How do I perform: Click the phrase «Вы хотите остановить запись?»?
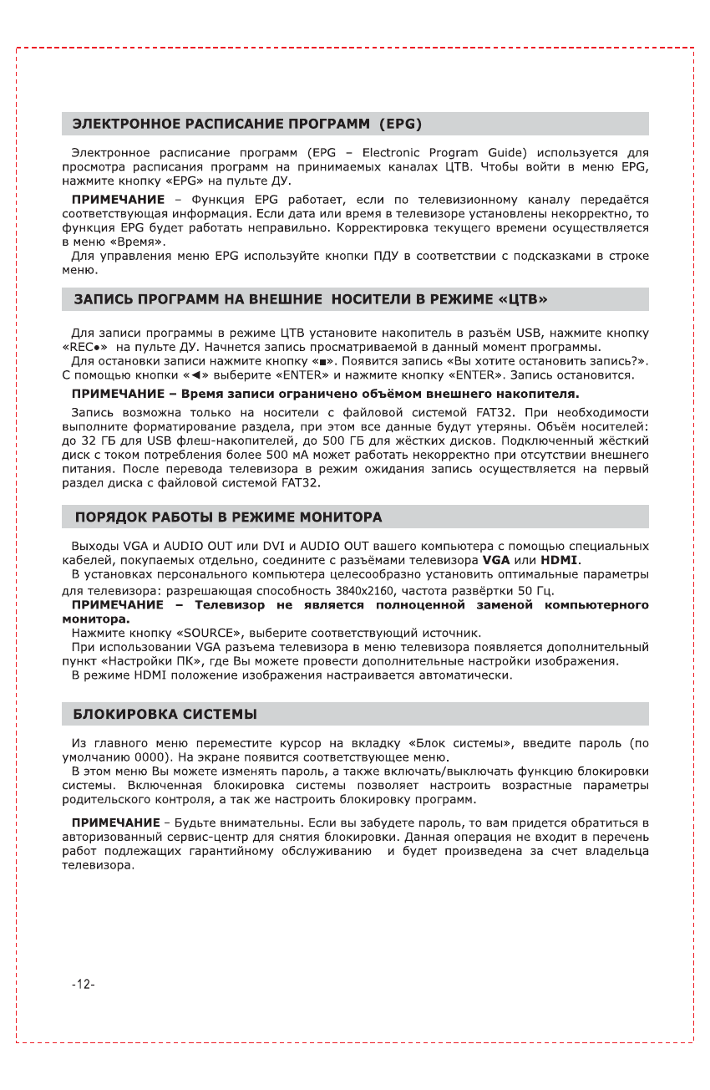[562, 361]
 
